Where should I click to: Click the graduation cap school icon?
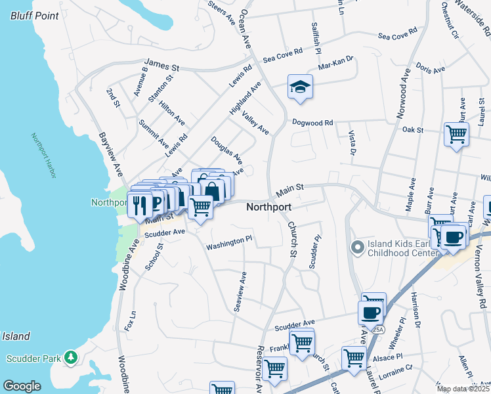point(300,87)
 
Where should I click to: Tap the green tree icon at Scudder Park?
point(70,358)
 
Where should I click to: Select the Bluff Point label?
point(30,15)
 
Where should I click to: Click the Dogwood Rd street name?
point(313,122)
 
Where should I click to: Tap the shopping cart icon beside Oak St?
point(456,135)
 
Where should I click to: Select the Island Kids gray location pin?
point(357,248)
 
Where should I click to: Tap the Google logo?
point(22,385)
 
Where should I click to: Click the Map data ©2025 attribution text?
point(463,389)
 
